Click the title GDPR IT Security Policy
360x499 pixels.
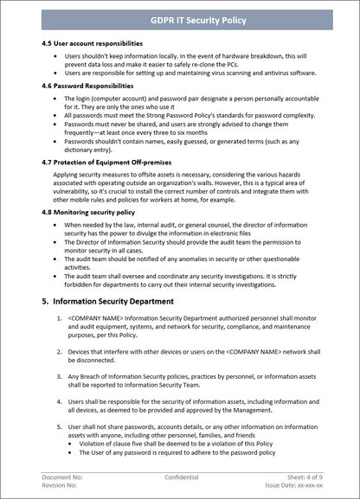pyautogui.click(x=180, y=20)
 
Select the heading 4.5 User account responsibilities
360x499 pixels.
pyautogui.click(x=92, y=42)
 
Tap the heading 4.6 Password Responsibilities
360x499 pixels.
pyautogui.click(x=87, y=86)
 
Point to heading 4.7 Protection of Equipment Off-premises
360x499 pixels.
pyautogui.click(x=112, y=162)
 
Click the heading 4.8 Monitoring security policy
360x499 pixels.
pyautogui.click(x=88, y=212)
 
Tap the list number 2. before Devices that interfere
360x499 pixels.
pyautogui.click(x=57, y=352)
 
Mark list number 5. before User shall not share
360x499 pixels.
pyautogui.click(x=57, y=426)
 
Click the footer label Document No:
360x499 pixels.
pyautogui.click(x=62, y=477)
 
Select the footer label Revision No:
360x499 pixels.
pyautogui.click(x=61, y=485)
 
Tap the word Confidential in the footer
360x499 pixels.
pyautogui.click(x=181, y=477)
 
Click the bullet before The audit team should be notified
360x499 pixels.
pyautogui.click(x=55, y=261)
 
